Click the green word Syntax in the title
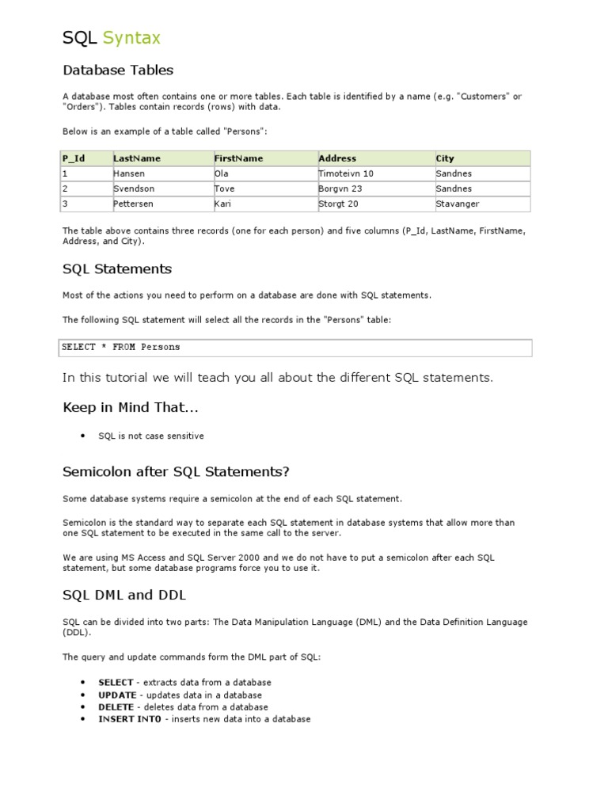(131, 37)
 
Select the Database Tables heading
(118, 70)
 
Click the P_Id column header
(74, 158)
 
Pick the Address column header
(337, 158)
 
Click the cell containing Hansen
(131, 173)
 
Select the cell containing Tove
(225, 188)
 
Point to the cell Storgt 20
(338, 204)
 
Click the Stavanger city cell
(458, 204)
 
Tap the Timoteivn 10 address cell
(346, 173)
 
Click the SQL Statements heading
(117, 268)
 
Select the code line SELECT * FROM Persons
(121, 347)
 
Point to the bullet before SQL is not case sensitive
(83, 436)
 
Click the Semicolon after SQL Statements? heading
(176, 472)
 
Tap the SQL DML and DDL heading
(124, 595)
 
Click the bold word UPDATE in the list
(117, 695)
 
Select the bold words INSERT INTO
(129, 719)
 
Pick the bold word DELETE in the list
(116, 707)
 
